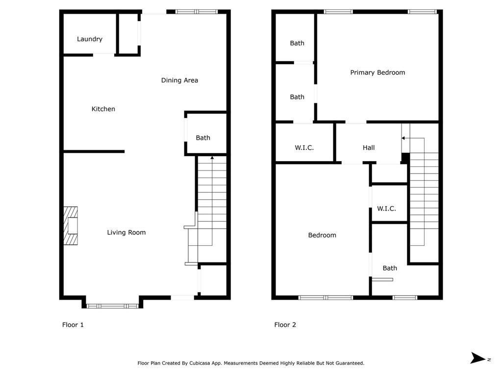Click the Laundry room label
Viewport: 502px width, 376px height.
click(x=90, y=39)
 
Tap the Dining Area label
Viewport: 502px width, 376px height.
click(x=179, y=80)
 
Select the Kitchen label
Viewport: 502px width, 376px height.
click(x=103, y=109)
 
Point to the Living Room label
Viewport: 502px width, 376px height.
click(x=126, y=233)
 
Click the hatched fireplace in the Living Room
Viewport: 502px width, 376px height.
click(x=71, y=226)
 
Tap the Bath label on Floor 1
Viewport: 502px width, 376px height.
click(x=203, y=138)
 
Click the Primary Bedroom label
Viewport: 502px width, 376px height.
click(x=377, y=72)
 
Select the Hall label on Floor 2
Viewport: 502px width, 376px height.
click(x=369, y=148)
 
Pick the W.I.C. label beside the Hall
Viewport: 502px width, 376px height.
click(x=304, y=148)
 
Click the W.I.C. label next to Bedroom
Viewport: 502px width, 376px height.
click(x=386, y=209)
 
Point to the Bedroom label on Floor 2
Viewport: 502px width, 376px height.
click(x=322, y=235)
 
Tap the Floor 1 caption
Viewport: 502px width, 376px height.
click(x=73, y=325)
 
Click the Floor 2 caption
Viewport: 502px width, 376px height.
click(x=285, y=325)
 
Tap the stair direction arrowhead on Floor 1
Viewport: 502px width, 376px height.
click(x=212, y=158)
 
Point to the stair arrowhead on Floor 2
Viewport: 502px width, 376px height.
click(x=403, y=138)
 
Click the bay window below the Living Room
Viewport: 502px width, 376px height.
click(x=112, y=306)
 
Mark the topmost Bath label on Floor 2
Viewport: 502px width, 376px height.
click(x=297, y=43)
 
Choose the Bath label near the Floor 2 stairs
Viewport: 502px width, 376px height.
click(x=390, y=268)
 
